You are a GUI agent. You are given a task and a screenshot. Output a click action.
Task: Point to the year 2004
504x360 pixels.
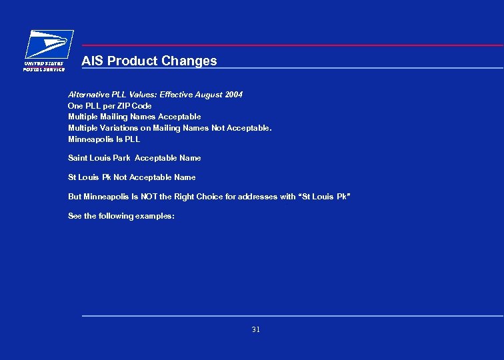pos(234,95)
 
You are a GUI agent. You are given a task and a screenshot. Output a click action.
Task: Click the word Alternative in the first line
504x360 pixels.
pos(89,95)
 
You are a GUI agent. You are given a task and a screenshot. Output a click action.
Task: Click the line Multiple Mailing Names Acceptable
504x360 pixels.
pos(134,117)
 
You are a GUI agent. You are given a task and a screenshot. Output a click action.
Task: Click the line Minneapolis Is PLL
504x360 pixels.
pos(104,139)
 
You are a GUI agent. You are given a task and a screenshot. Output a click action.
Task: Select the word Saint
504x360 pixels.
pos(78,158)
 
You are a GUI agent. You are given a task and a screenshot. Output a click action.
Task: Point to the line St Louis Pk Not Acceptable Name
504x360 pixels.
pos(132,177)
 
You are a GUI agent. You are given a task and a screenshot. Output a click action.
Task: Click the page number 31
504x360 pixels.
pos(256,329)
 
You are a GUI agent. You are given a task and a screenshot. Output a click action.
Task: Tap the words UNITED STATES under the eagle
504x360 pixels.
pos(43,63)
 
